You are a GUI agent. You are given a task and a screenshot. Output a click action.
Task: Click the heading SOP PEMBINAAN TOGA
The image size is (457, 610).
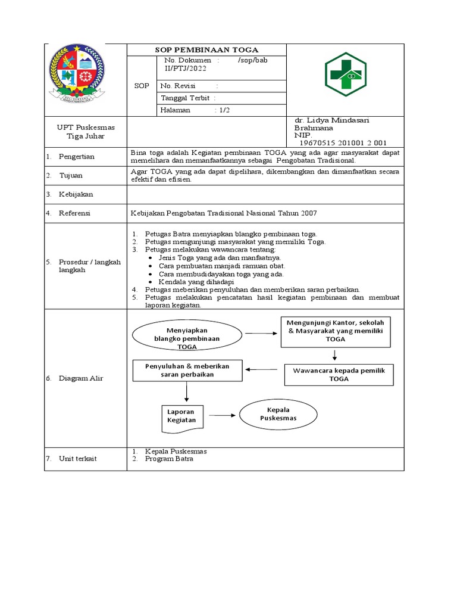click(207, 50)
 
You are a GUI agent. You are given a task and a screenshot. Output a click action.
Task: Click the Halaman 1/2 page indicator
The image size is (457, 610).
click(190, 110)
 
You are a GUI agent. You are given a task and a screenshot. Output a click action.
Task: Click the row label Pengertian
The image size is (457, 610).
click(76, 157)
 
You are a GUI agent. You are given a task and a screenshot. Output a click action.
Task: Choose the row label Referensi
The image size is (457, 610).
click(76, 213)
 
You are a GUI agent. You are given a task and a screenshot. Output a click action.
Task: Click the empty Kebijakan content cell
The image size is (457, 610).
click(265, 194)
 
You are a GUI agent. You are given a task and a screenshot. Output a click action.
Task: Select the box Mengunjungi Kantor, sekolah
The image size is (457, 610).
click(335, 331)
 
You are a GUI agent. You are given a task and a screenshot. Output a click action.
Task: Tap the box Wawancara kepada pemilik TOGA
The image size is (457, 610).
click(339, 374)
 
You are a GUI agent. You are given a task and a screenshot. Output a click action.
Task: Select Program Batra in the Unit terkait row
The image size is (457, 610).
click(169, 459)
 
